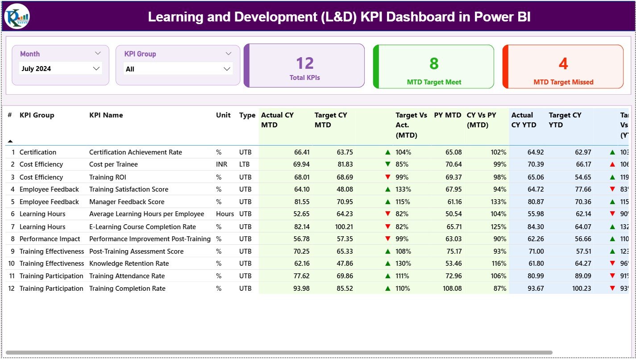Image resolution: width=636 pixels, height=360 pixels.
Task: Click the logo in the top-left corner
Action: click(17, 17)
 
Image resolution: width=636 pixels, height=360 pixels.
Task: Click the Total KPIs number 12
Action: click(305, 63)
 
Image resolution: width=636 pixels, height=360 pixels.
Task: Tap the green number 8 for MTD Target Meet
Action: click(434, 64)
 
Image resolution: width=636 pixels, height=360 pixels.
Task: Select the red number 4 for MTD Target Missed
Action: click(563, 64)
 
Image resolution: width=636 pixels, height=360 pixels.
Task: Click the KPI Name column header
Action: click(106, 115)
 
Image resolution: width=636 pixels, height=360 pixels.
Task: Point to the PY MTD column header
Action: click(447, 115)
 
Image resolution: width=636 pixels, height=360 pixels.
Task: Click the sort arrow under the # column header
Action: click(10, 141)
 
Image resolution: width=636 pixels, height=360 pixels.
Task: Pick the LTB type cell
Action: click(245, 164)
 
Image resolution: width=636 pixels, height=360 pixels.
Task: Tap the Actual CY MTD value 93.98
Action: click(302, 289)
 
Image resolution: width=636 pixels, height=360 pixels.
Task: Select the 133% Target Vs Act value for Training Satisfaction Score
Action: click(403, 189)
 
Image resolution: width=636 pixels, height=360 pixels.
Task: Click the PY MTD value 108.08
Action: click(452, 289)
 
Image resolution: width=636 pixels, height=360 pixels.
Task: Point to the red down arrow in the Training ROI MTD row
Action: click(387, 177)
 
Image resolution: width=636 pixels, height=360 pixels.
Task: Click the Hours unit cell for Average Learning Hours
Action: click(225, 214)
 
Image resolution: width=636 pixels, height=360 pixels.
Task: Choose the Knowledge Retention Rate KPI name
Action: click(129, 264)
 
